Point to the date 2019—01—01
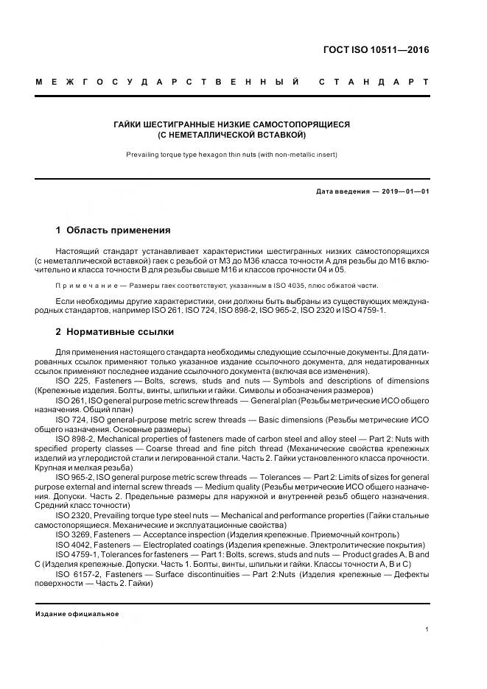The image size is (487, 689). (404, 192)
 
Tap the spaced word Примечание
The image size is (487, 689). (82, 285)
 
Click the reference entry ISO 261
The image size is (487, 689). (71, 400)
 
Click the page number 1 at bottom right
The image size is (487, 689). (427, 629)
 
